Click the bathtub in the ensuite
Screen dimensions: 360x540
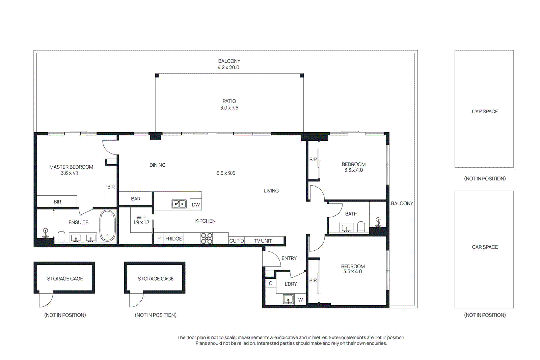tap(108, 226)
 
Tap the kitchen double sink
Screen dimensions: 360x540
tap(179, 204)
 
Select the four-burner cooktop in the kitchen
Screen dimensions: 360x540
tap(207, 238)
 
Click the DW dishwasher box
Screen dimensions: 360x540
tap(196, 204)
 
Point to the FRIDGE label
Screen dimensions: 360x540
tap(173, 239)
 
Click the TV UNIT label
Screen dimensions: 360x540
tap(263, 241)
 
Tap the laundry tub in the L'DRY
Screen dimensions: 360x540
tap(288, 299)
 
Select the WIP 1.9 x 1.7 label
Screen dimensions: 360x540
tap(141, 220)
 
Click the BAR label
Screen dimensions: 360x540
tap(136, 199)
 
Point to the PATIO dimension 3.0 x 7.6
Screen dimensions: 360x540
tap(229, 108)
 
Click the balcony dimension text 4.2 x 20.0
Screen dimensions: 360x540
tap(228, 67)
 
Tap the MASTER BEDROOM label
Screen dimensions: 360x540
tap(71, 167)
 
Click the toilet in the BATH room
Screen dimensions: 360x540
tap(361, 227)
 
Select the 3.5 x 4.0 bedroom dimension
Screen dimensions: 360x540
tap(353, 272)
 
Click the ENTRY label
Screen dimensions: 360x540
tap(289, 258)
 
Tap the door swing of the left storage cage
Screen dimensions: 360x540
tap(46, 300)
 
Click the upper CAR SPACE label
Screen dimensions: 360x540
tap(485, 111)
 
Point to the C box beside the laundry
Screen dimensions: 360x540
tap(271, 283)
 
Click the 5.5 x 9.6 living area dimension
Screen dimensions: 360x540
tap(226, 173)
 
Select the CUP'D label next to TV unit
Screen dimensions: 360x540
tap(236, 241)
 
